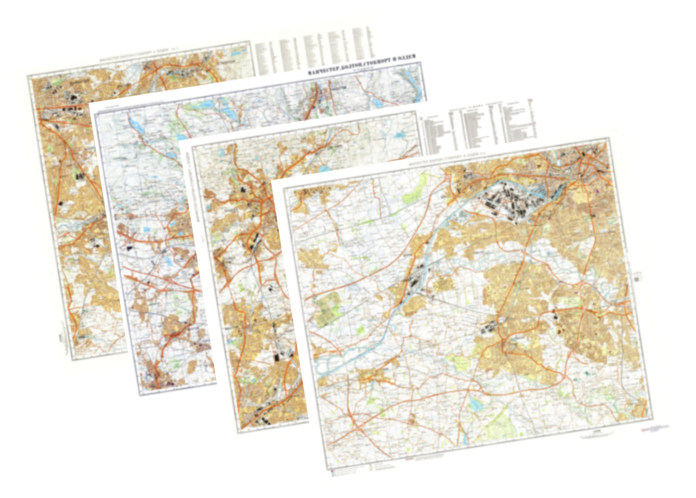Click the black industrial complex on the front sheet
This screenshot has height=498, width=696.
511,202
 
